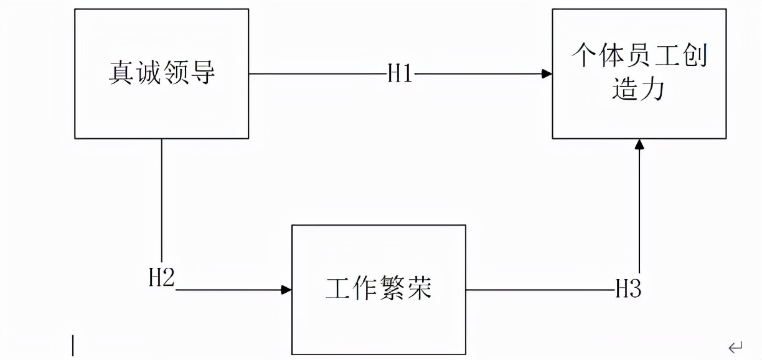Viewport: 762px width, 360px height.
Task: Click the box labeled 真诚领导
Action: tap(161, 73)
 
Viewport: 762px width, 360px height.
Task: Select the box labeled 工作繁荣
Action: tap(379, 289)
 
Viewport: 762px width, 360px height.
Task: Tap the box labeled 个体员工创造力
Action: tap(639, 73)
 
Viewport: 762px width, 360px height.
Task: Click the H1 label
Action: tap(400, 74)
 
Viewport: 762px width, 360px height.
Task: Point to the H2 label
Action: tap(161, 278)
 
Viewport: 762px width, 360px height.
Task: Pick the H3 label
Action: tap(628, 289)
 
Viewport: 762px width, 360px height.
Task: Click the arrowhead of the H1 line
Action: tap(547, 74)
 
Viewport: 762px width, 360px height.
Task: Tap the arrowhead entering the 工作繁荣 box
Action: tap(286, 290)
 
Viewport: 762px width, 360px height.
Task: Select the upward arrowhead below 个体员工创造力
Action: tap(639, 144)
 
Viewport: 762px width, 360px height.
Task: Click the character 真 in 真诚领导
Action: tap(121, 73)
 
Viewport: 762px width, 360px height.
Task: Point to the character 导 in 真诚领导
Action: tap(203, 73)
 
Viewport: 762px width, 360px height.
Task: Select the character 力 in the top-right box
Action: tap(653, 90)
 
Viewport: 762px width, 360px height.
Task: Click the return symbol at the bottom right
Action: tap(735, 346)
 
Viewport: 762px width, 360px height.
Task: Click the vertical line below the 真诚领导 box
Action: tap(162, 199)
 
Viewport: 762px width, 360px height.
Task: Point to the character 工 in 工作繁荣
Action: tap(338, 289)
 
